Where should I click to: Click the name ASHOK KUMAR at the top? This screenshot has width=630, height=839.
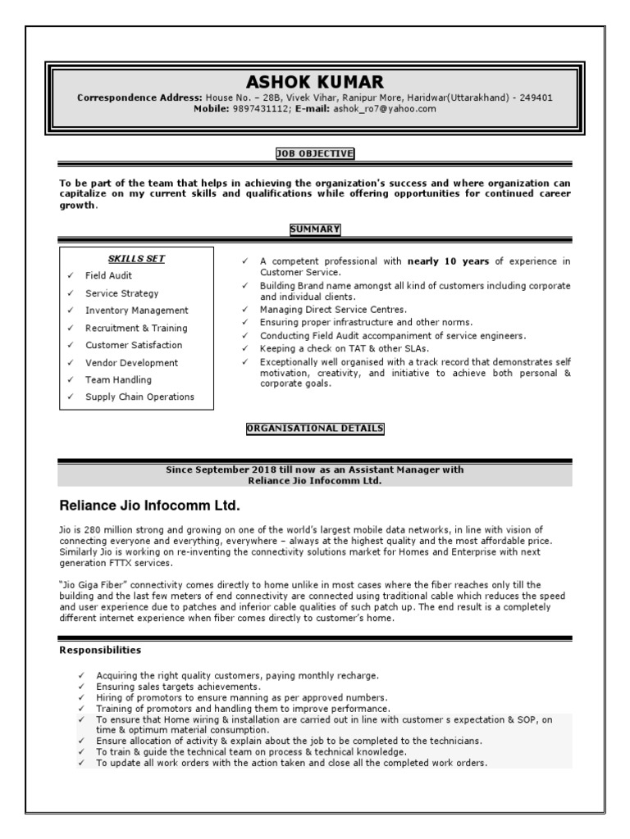[315, 82]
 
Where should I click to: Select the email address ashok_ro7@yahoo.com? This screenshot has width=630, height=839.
[384, 108]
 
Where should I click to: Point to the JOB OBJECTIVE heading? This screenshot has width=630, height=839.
[315, 153]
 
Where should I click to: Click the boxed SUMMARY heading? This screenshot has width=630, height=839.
[315, 229]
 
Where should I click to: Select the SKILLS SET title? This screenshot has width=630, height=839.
[136, 259]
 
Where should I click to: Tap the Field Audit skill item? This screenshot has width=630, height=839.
[108, 276]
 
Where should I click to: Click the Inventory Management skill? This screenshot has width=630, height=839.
[136, 311]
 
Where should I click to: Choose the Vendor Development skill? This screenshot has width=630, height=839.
[131, 363]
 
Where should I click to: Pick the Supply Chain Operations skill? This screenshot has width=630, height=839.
[139, 397]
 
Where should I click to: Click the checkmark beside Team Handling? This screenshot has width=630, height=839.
[71, 380]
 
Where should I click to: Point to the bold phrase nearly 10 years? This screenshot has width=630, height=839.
[448, 261]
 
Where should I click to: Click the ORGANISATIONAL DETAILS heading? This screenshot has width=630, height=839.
[315, 429]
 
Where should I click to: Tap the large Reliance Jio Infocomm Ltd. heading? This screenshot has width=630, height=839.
[149, 504]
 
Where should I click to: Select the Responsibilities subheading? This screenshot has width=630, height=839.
[100, 651]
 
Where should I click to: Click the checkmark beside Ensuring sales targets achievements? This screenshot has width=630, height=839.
[81, 687]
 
